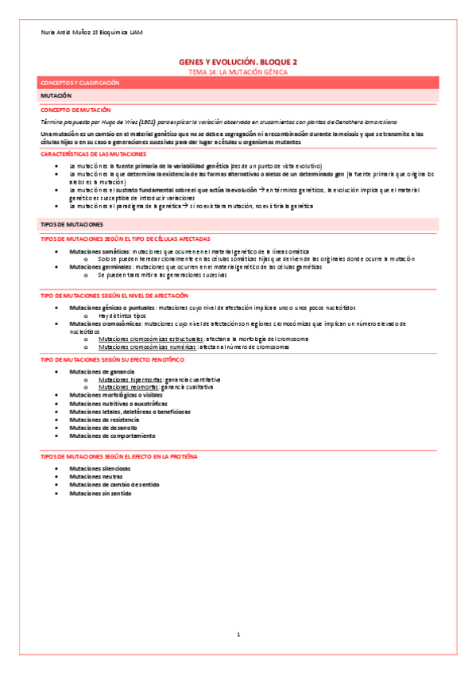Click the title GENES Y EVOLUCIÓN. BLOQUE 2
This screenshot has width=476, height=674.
(x=238, y=61)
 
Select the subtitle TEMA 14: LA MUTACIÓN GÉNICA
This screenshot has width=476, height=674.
(x=238, y=72)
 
